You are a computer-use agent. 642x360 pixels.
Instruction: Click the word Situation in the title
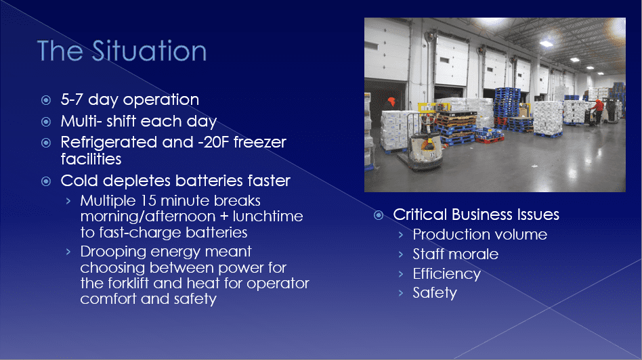[x=149, y=51]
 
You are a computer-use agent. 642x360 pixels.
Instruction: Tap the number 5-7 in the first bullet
[x=72, y=99]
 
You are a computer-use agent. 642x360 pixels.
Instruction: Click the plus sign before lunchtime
[x=224, y=217]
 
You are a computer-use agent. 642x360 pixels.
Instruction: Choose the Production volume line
[x=480, y=234]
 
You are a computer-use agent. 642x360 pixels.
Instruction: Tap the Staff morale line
[x=455, y=254]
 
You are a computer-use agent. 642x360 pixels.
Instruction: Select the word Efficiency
[x=447, y=274]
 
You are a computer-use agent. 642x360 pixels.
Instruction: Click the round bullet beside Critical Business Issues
[x=379, y=215]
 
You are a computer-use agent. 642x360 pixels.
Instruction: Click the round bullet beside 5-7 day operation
[x=46, y=100]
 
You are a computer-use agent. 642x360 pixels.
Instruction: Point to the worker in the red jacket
[x=598, y=110]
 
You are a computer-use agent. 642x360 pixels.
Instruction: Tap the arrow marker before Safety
[x=401, y=293]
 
